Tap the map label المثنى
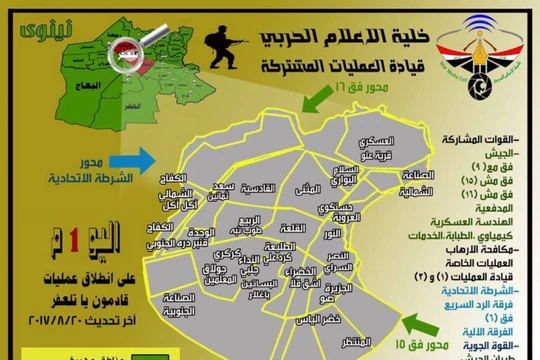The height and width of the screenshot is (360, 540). tap(310, 188)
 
